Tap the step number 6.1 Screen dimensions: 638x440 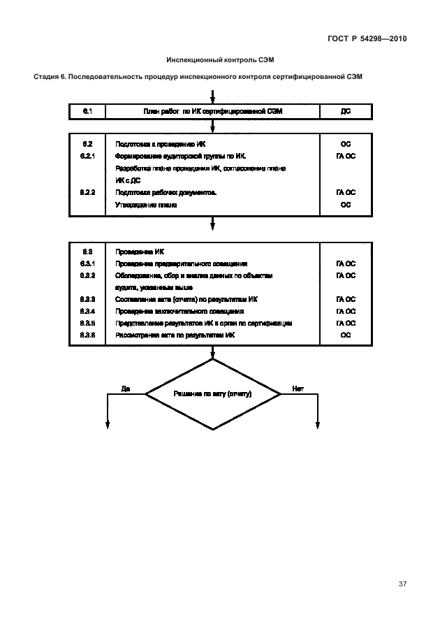pos(88,111)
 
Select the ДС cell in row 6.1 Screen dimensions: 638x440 pos(346,111)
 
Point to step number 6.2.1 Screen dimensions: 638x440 pos(88,156)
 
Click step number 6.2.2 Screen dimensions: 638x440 pos(88,192)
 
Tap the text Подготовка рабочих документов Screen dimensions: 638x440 pos(166,192)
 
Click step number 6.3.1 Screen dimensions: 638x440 pos(88,263)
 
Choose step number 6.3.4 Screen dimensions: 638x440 pos(88,311)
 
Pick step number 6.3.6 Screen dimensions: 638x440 pos(88,335)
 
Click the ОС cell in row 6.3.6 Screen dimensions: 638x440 pos(346,335)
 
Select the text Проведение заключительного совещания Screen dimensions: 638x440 pos(179,311)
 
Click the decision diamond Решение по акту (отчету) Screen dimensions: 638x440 pos(212,394)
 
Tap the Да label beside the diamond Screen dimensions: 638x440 pos(126,389)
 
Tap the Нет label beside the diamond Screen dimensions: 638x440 pos(298,389)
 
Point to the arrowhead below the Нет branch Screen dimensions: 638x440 pos(318,423)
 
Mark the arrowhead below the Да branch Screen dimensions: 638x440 pos(108,423)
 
